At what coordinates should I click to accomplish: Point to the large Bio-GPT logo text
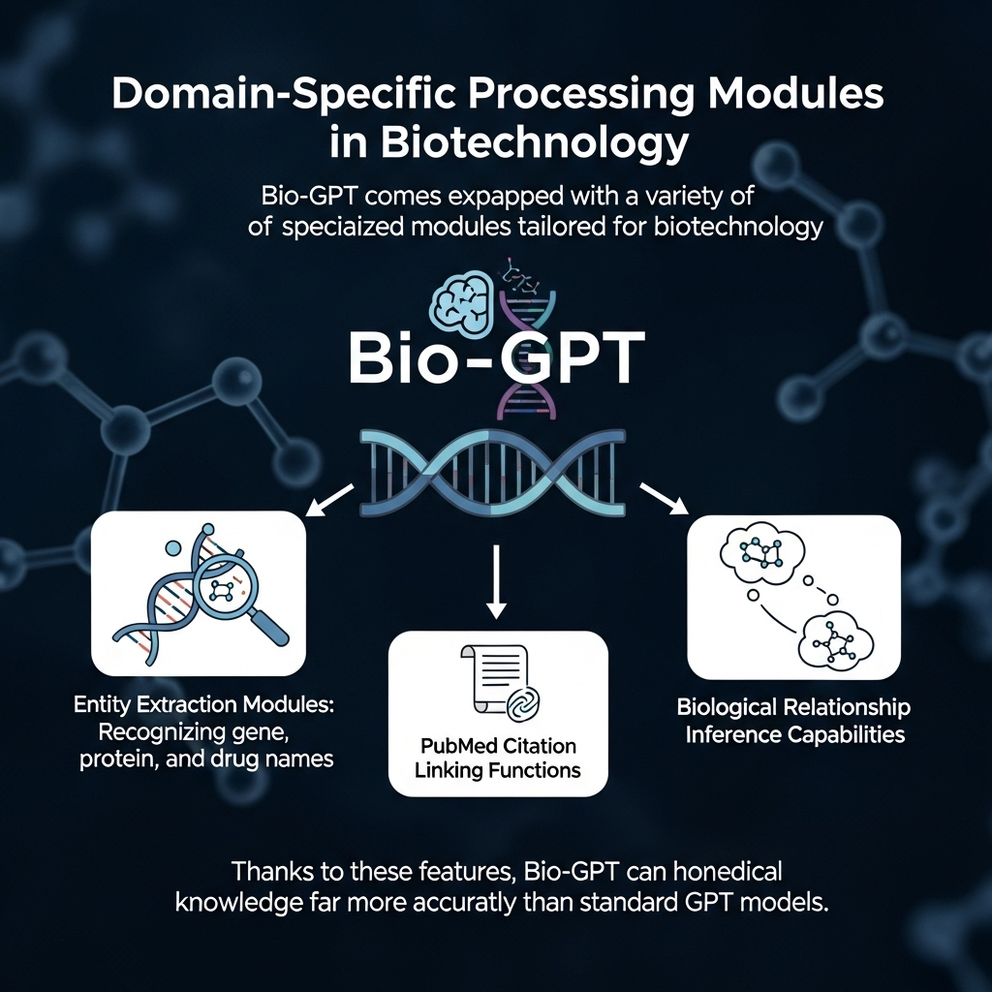tap(495, 359)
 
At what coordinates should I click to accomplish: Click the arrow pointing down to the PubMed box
tap(496, 580)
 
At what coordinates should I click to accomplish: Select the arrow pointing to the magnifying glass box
tap(328, 501)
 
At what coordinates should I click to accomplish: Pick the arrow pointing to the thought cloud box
tap(664, 500)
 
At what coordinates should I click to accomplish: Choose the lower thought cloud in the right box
tap(834, 638)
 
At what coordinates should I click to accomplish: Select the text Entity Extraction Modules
tap(202, 706)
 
